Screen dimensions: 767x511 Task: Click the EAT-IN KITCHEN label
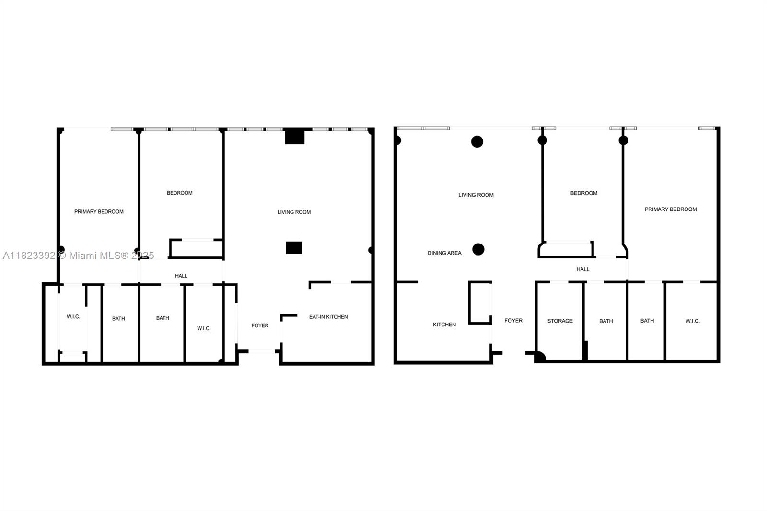click(x=328, y=317)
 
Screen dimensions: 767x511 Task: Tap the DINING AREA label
click(x=444, y=253)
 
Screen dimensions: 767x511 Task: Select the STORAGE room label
click(x=560, y=321)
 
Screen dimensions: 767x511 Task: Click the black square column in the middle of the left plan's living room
click(x=294, y=248)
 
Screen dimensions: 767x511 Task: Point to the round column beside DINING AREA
click(x=478, y=249)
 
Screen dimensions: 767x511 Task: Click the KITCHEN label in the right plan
click(x=444, y=325)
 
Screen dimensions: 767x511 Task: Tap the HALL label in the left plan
click(x=181, y=276)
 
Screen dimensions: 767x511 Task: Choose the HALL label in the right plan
click(x=583, y=269)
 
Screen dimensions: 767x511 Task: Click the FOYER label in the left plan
click(x=260, y=325)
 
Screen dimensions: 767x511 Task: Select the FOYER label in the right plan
click(x=513, y=321)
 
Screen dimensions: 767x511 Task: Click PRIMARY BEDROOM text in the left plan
click(x=99, y=212)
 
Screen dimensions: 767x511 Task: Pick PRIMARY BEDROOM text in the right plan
click(x=671, y=209)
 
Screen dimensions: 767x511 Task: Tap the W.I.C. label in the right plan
click(x=692, y=321)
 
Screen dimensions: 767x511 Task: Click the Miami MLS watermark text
click(x=79, y=255)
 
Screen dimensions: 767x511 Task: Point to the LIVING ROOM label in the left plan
click(x=294, y=212)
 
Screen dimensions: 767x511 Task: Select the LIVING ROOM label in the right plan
click(x=476, y=195)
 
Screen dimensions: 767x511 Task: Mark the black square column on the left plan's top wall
click(x=295, y=136)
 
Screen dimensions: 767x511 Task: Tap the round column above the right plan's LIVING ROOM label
click(x=477, y=141)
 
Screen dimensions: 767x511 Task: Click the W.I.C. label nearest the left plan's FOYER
click(x=204, y=328)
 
